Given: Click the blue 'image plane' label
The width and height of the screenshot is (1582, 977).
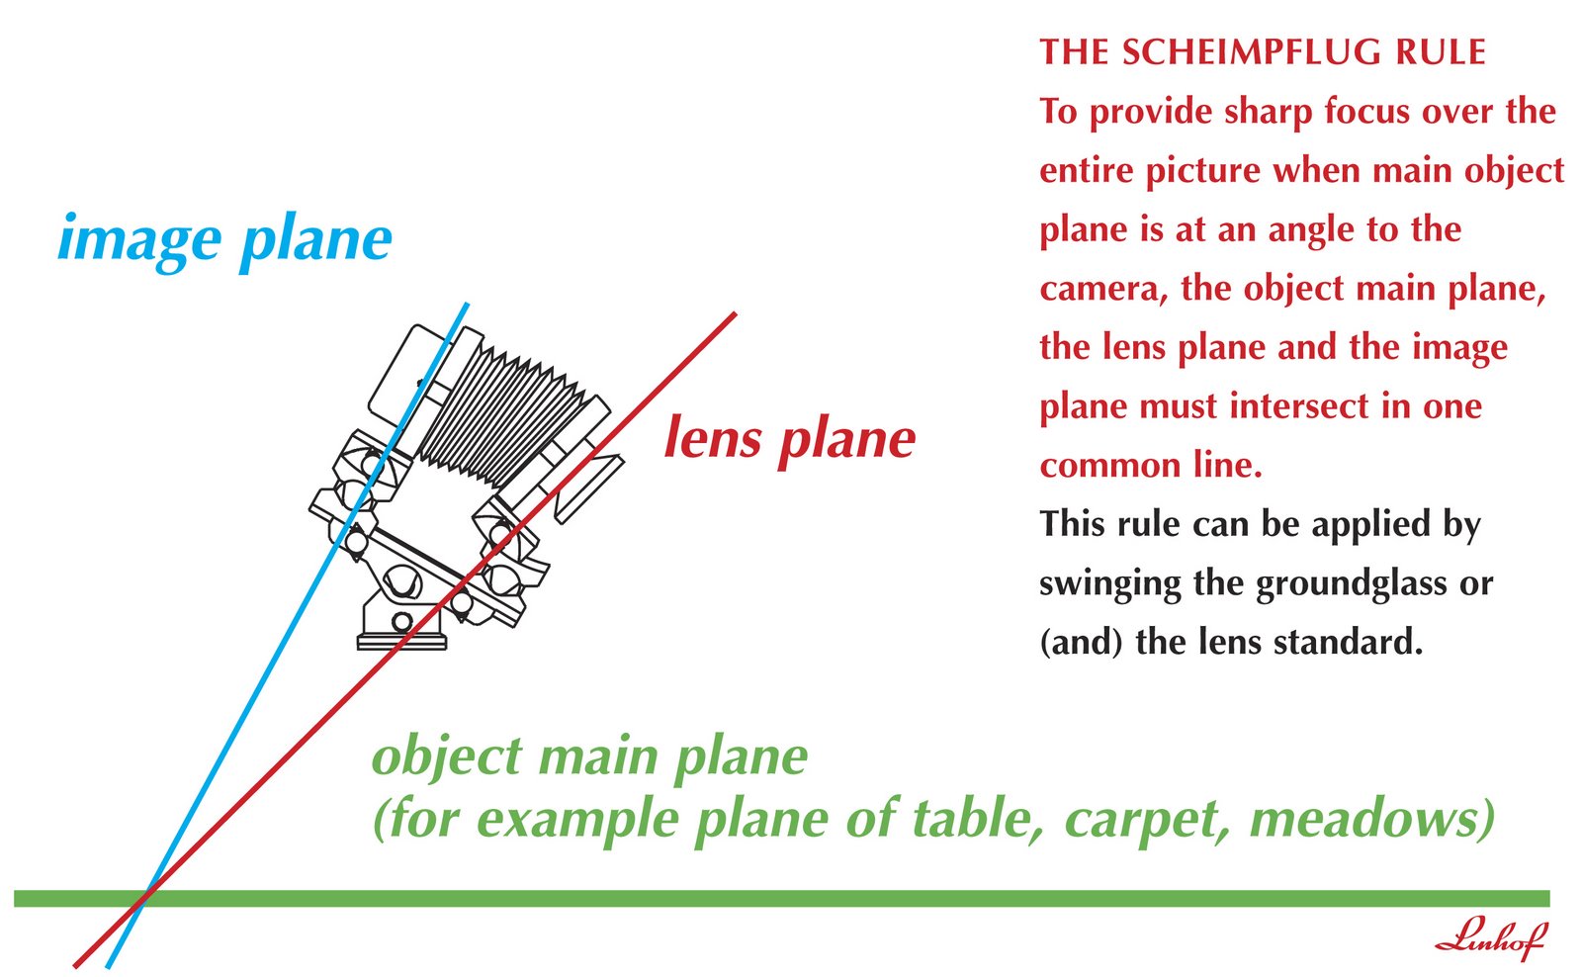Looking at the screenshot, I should [x=224, y=240].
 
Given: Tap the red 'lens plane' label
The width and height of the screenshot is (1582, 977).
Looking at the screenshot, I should [x=789, y=438].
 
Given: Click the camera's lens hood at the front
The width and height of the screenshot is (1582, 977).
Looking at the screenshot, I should [x=588, y=485].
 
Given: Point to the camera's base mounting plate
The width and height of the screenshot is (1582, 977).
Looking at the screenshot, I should [x=401, y=642].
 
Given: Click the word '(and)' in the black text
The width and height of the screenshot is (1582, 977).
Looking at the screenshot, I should [x=1081, y=643].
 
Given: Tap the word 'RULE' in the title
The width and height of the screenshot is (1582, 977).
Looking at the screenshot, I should [x=1441, y=52].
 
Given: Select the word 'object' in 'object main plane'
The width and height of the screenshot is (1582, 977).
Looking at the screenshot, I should [x=447, y=757].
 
